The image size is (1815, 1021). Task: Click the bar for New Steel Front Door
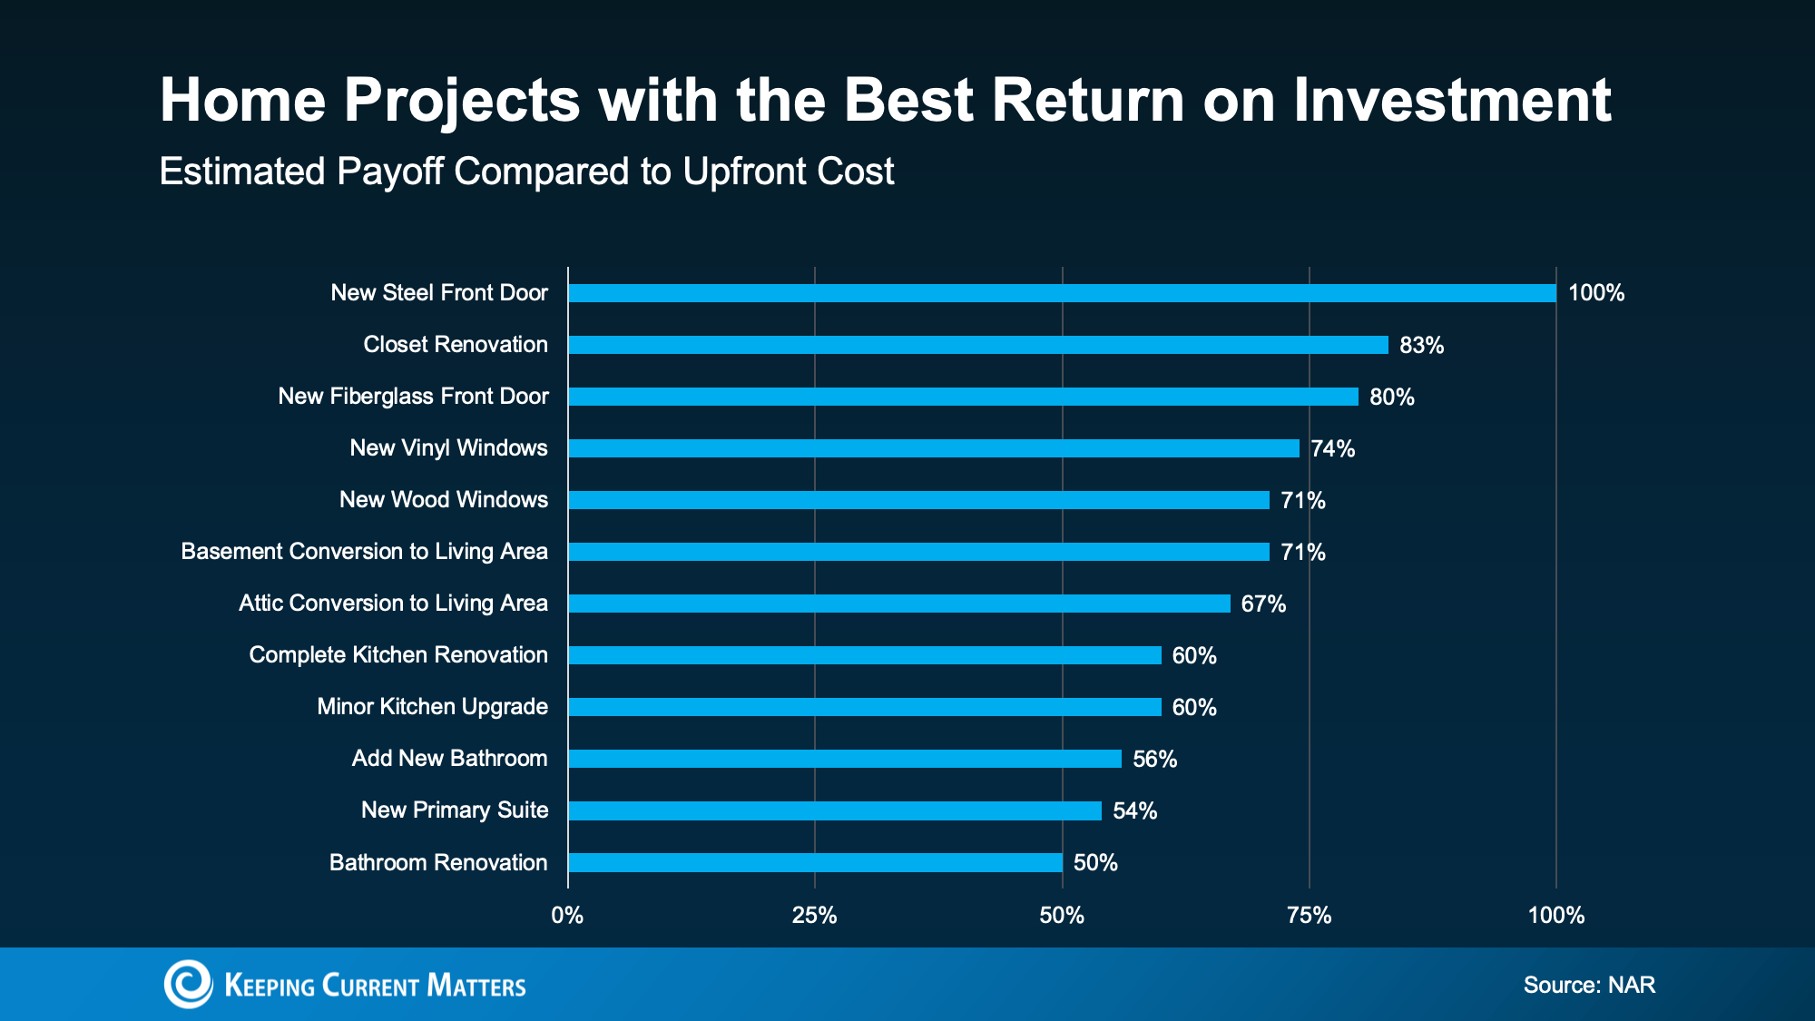1062,293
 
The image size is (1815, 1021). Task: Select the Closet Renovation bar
978,345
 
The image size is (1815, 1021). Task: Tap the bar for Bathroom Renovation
815,863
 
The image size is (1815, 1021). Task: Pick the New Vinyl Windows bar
934,448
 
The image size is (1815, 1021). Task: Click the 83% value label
1421,346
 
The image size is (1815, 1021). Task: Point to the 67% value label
1263,604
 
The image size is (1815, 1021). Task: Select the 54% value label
1134,811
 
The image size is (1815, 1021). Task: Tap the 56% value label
1154,760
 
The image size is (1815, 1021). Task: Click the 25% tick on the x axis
814,916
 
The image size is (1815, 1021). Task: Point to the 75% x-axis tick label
1309,916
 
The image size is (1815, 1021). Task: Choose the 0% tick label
567,916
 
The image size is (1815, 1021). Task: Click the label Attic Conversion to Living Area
393,604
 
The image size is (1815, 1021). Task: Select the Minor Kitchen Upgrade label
432,707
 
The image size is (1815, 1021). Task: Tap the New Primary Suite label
455,810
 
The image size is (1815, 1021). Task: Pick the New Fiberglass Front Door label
413,397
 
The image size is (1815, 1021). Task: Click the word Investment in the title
1452,100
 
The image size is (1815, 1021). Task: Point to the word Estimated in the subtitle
241,172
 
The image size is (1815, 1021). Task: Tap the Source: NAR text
1589,986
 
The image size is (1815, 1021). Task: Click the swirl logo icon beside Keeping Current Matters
188,984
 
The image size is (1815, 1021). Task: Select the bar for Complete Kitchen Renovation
865,655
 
